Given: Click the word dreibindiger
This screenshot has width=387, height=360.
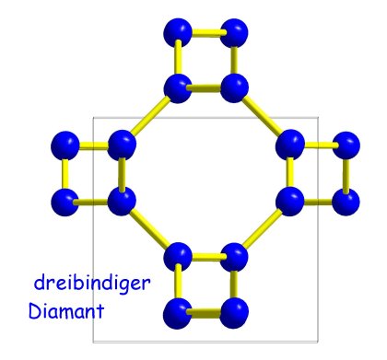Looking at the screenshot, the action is pyautogui.click(x=92, y=284).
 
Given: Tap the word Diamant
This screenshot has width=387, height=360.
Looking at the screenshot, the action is pyautogui.click(x=66, y=310).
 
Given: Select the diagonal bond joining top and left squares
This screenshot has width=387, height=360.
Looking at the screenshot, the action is pyautogui.click(x=150, y=116).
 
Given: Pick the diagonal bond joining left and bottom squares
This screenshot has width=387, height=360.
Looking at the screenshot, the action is pyautogui.click(x=150, y=227).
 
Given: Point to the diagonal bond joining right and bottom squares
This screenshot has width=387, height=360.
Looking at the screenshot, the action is pyautogui.click(x=263, y=228).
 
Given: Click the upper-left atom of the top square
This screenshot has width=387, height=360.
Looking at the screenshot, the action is pyautogui.click(x=178, y=32).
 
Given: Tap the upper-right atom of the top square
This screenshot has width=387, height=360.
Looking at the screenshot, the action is pyautogui.click(x=234, y=32).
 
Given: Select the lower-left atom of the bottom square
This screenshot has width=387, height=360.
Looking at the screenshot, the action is pyautogui.click(x=177, y=314).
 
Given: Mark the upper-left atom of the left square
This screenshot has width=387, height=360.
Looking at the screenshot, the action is pyautogui.click(x=65, y=145).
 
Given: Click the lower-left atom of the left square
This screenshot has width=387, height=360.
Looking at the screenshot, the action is pyautogui.click(x=65, y=202).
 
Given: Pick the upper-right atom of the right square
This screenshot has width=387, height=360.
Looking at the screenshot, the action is pyautogui.click(x=346, y=145).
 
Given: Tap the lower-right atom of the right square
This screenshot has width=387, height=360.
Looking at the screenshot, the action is pyautogui.click(x=346, y=202).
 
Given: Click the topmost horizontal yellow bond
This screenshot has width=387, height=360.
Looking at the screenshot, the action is pyautogui.click(x=206, y=32).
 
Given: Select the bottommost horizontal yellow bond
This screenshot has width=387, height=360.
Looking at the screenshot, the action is pyautogui.click(x=205, y=314).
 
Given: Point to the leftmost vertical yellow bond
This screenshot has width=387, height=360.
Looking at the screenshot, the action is pyautogui.click(x=64, y=174).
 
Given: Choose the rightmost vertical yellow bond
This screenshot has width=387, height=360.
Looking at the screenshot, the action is pyautogui.click(x=346, y=174).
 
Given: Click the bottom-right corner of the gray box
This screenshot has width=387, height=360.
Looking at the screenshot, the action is pyautogui.click(x=318, y=342).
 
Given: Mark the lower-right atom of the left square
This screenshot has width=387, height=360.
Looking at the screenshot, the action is pyautogui.click(x=122, y=202).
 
